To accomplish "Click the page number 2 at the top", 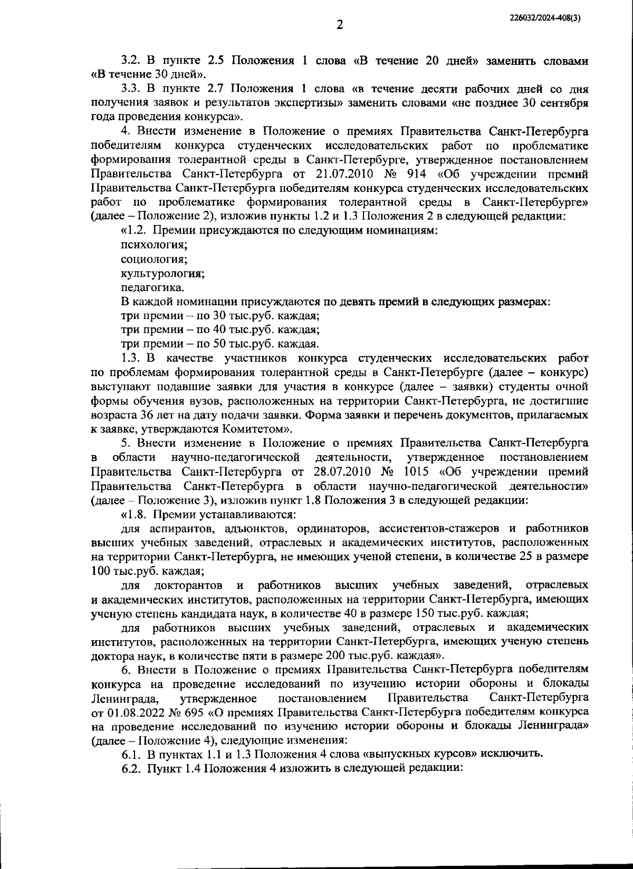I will pyautogui.click(x=340, y=25).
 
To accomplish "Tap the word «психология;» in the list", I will pyautogui.click(x=155, y=245).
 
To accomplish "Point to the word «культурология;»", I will pyautogui.click(x=163, y=273).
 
